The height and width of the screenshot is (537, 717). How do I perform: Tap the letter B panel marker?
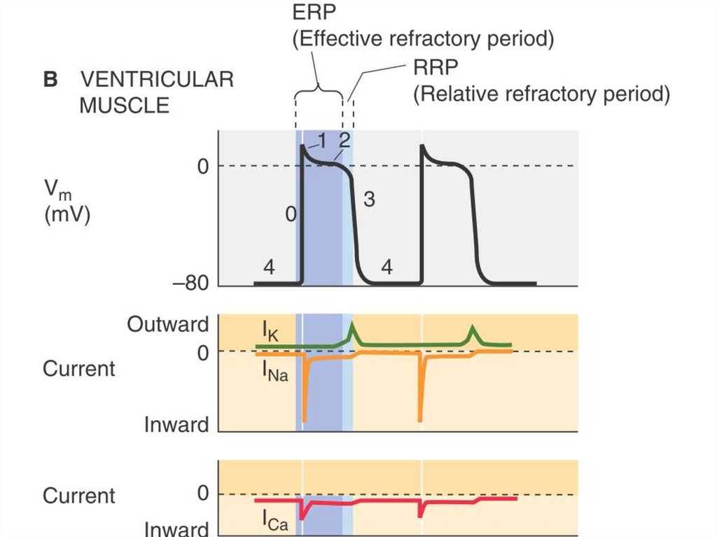pyautogui.click(x=50, y=80)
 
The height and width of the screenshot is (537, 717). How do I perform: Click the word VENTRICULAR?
pyautogui.click(x=156, y=80)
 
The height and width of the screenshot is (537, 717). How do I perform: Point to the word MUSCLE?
pyautogui.click(x=124, y=106)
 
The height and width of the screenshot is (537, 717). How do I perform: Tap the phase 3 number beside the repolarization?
pyautogui.click(x=370, y=200)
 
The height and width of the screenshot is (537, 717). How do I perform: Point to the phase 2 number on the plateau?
pyautogui.click(x=344, y=139)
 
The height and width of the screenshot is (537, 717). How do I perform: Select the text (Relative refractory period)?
pyautogui.click(x=541, y=94)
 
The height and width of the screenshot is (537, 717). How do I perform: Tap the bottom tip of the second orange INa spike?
pyautogui.click(x=421, y=420)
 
